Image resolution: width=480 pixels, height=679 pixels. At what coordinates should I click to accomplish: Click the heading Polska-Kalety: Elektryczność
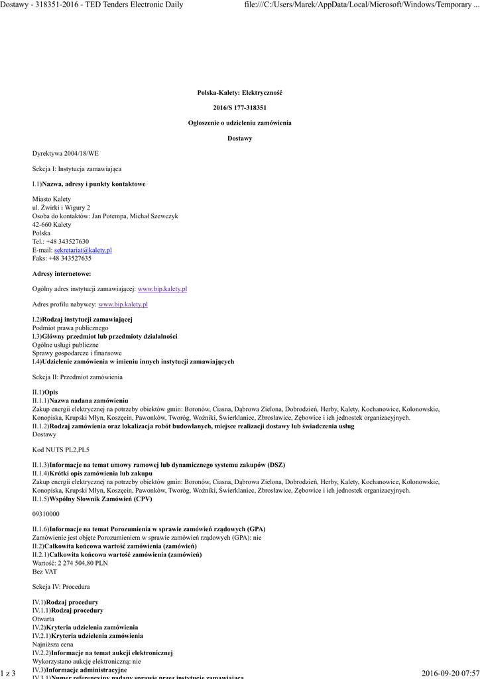240,92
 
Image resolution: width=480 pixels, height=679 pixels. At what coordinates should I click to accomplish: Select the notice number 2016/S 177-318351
240,107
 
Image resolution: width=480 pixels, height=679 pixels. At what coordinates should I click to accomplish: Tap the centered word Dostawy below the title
240,138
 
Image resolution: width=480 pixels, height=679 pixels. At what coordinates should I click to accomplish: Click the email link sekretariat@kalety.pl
83,250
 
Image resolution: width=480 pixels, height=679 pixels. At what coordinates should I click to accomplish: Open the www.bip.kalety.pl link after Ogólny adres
162,289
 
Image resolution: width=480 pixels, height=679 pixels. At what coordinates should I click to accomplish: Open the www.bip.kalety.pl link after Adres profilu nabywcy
123,304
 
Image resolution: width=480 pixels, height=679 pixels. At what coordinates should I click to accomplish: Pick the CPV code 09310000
46,514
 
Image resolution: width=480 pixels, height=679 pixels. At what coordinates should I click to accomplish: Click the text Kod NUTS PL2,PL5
61,450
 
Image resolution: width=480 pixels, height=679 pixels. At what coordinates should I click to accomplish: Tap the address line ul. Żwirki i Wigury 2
61,208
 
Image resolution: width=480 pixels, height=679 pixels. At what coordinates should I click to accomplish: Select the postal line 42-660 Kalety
52,224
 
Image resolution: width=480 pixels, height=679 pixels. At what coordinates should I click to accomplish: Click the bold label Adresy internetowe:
62,274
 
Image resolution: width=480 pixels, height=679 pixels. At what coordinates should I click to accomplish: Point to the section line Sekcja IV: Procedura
61,587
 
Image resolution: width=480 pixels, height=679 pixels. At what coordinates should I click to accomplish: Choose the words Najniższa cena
52,643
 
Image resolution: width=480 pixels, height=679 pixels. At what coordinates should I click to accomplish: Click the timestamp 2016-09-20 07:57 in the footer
450,673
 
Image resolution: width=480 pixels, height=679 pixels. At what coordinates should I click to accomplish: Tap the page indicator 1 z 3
8,673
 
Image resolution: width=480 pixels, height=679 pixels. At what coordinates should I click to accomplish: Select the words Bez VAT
44,571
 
